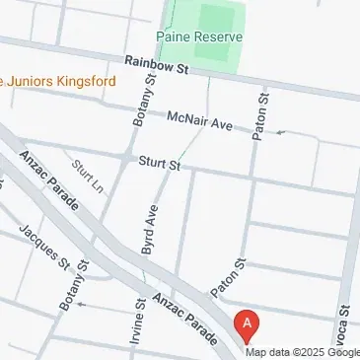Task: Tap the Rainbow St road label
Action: coord(156,65)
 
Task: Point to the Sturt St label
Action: coord(158,161)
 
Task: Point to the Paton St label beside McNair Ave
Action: coord(261,114)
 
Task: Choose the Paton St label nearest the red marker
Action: coord(227,278)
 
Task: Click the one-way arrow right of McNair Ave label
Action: coord(281,131)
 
